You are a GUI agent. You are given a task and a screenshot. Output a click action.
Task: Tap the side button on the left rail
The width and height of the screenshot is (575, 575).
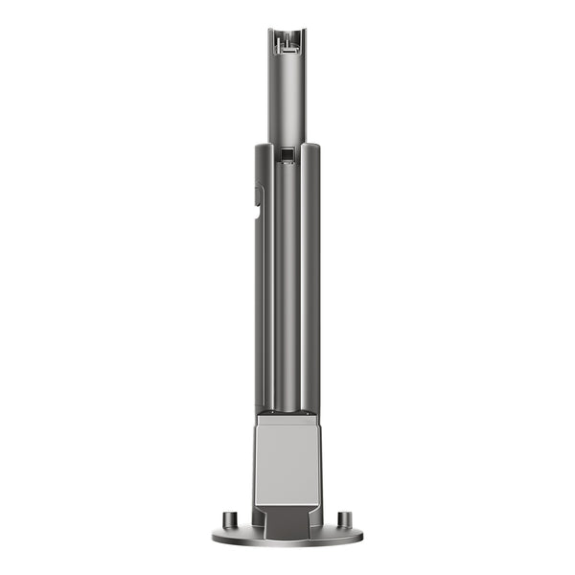[x=258, y=196]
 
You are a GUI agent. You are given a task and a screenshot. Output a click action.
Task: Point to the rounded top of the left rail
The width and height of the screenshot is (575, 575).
[x=263, y=147]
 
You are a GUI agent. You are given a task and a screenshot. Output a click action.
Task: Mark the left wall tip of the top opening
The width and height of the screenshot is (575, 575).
[x=271, y=33]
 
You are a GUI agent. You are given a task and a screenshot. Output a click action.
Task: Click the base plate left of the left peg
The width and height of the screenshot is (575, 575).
[x=219, y=533]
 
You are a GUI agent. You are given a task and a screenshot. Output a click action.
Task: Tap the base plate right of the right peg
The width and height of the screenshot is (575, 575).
[x=356, y=533]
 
